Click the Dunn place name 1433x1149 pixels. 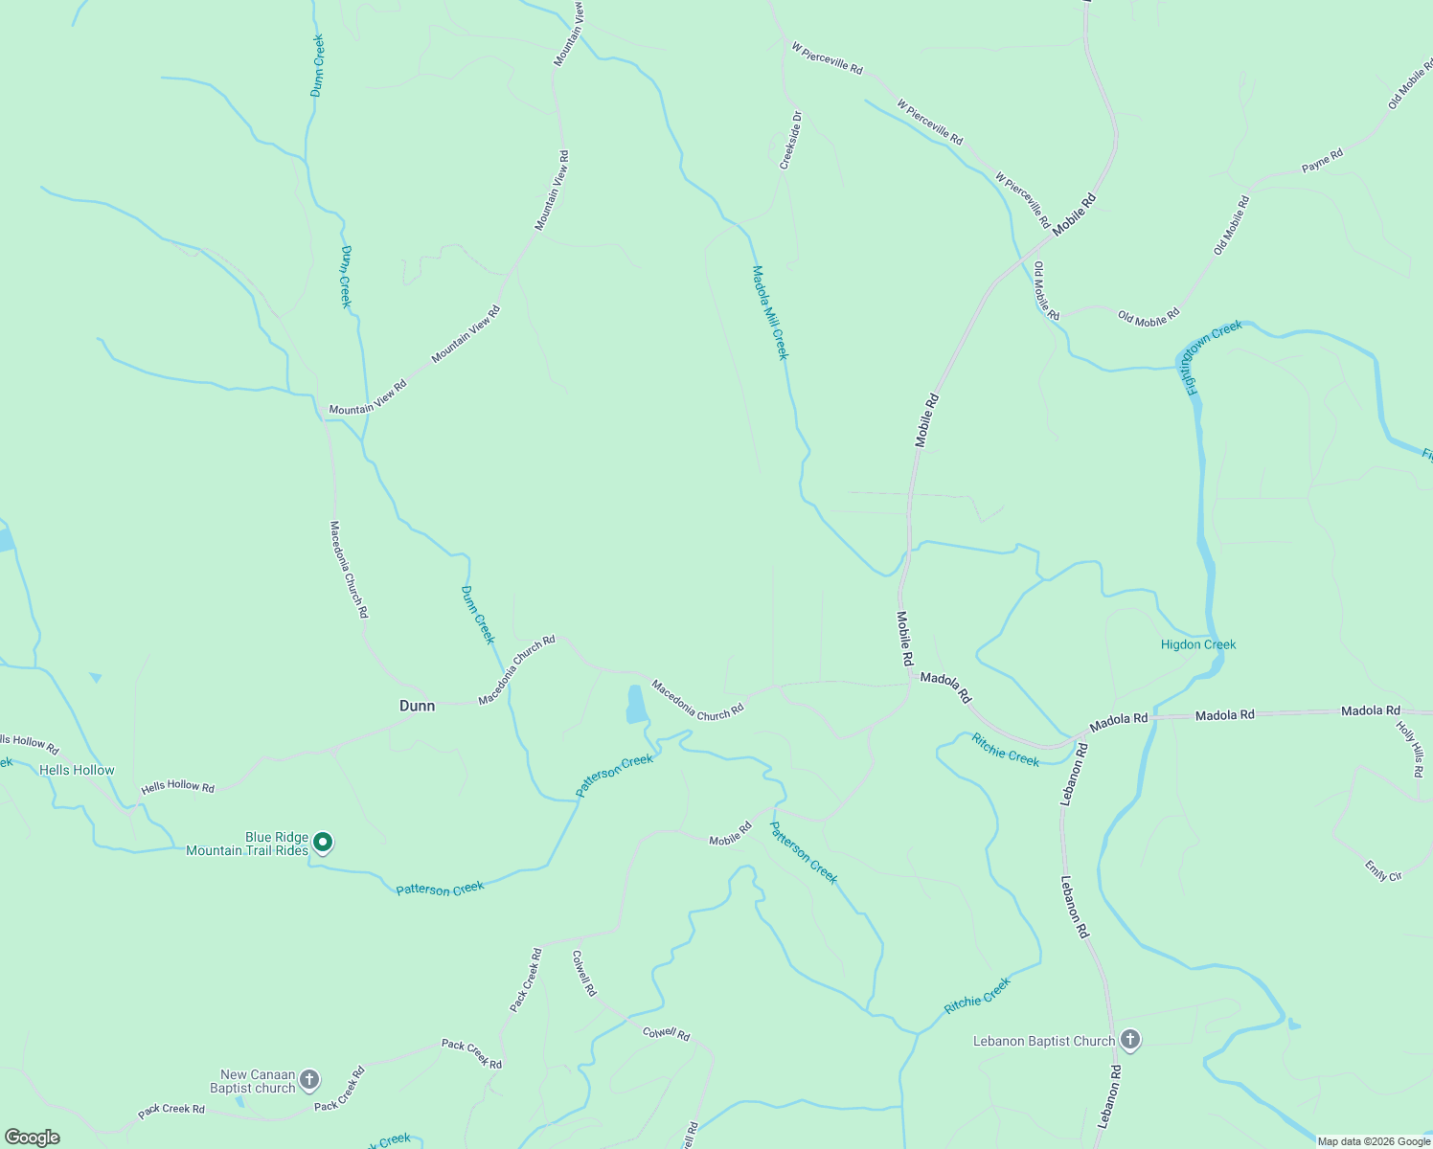(417, 706)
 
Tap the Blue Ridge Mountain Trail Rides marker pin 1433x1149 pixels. (324, 843)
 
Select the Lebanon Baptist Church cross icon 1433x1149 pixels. (1130, 1040)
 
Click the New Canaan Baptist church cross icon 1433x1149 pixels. (308, 1080)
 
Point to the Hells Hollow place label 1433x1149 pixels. (77, 770)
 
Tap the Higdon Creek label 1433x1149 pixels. (1198, 644)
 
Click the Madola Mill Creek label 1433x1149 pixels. (770, 312)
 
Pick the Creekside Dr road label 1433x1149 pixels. (790, 141)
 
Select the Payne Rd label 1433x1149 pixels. (1322, 161)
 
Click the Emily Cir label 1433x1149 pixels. (1383, 871)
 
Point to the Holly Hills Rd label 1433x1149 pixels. (1410, 749)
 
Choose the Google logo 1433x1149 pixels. (32, 1138)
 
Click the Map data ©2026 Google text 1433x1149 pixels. (1373, 1141)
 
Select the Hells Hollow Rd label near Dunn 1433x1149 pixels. (178, 787)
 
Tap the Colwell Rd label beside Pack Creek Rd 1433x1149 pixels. (583, 973)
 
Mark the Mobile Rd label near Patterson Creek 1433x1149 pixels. (730, 834)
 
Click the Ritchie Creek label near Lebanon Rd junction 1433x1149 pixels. (1006, 750)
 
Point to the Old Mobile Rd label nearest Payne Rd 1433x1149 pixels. (1232, 225)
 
